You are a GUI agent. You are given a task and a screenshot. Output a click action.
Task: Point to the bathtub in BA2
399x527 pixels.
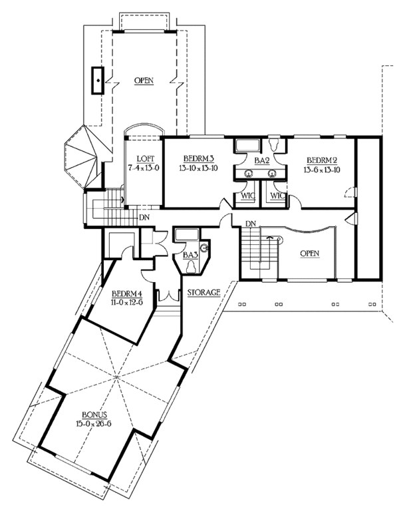click(x=249, y=144)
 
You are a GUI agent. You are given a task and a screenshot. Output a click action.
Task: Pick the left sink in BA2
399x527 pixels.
click(x=247, y=172)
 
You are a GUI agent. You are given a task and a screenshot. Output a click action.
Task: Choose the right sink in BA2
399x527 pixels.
click(x=271, y=172)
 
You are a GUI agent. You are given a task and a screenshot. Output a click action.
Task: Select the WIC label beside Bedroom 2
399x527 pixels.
click(x=277, y=196)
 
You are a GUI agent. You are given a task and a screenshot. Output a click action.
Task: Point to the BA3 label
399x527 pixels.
click(x=191, y=254)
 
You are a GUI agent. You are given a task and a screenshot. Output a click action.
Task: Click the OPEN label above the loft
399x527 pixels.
click(x=144, y=81)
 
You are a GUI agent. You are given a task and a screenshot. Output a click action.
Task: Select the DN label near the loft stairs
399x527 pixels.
click(x=144, y=217)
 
